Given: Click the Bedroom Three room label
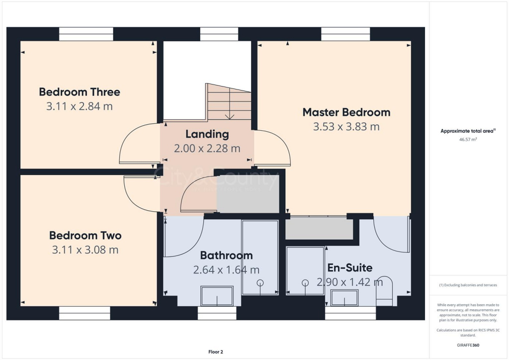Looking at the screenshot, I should tap(80, 92).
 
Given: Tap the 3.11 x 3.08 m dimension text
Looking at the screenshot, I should tap(85, 250).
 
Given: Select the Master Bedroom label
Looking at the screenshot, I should tap(346, 112).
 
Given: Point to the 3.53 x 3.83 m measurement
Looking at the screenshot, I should tap(346, 127).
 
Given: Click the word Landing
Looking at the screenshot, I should tap(207, 134).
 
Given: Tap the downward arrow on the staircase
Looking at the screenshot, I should tap(230, 116).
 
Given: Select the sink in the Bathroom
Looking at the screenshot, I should tap(217, 296).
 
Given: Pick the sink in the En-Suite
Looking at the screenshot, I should tap(344, 297).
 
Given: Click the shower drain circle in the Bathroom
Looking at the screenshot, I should tap(259, 282).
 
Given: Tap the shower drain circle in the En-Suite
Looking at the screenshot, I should tap(305, 282).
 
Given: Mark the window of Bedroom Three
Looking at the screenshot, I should tap(86, 34).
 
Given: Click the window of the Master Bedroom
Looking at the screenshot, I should tap(345, 34).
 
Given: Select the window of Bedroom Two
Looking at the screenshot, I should tap(85, 313).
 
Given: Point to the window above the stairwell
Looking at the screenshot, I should tap(216, 34).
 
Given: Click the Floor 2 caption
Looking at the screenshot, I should tap(215, 352).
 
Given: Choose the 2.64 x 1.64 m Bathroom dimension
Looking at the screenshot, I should tap(226, 270).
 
